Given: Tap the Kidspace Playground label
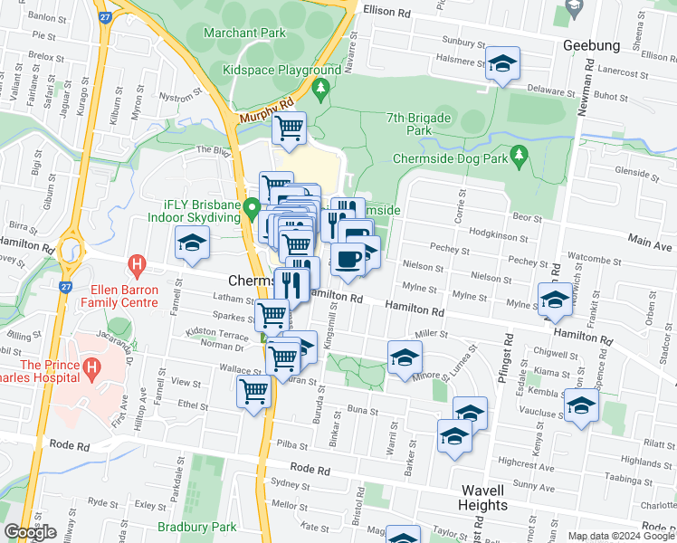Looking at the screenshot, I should click(281, 70).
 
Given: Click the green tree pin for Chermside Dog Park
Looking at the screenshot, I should click(519, 156).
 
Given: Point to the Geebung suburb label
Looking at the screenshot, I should click(591, 45).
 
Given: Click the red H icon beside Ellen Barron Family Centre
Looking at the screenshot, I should click(137, 267).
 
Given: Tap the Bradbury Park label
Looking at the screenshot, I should click(196, 527).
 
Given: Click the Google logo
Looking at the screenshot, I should click(30, 533).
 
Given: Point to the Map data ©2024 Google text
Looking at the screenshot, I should click(621, 536).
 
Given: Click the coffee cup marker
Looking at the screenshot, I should click(348, 260).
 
